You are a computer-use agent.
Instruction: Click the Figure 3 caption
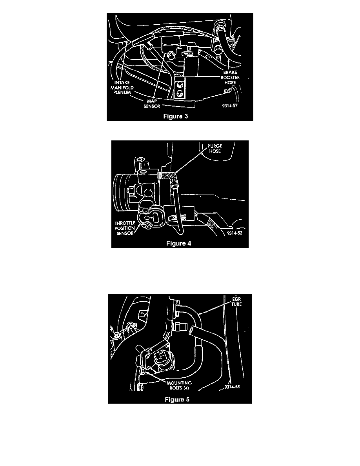point(176,116)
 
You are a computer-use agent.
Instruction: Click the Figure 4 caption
point(178,244)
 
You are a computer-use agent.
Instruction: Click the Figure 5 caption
point(177,399)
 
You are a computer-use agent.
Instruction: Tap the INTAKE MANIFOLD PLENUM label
point(122,87)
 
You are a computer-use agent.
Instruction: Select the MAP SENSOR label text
point(152,104)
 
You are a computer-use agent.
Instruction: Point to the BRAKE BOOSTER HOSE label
point(230,78)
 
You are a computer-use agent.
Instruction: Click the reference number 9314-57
point(229,106)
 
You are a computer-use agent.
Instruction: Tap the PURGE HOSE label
point(215,149)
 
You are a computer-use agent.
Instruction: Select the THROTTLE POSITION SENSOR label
point(125,228)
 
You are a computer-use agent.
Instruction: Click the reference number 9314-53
point(235,233)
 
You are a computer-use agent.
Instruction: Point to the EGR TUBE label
point(236,302)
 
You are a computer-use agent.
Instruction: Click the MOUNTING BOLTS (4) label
point(179,386)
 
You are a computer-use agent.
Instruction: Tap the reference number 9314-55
point(232,387)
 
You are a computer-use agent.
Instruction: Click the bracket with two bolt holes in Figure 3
point(180,89)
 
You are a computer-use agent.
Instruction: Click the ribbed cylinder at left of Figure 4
point(122,189)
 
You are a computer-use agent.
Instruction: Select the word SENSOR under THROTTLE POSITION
point(125,233)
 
